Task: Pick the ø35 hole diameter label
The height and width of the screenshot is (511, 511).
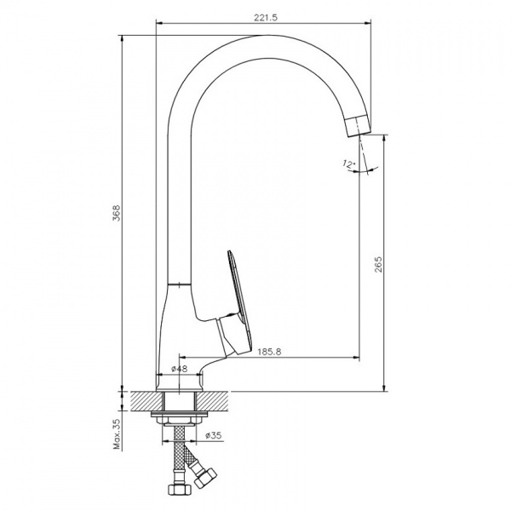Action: tap(213, 437)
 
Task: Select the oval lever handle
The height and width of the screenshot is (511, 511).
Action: tap(238, 294)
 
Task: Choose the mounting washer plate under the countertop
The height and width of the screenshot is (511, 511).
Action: tap(178, 418)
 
